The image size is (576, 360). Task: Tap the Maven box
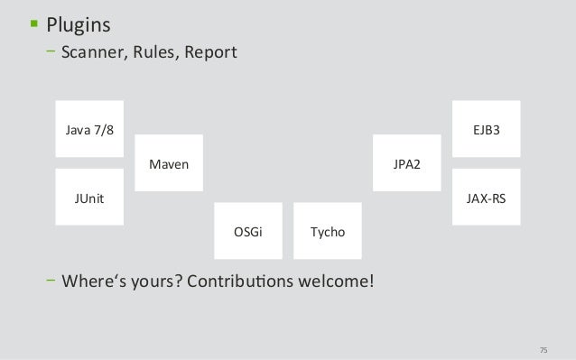169,164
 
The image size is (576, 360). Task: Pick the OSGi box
248,232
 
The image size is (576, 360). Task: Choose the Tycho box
328,232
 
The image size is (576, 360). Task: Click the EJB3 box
486,130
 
